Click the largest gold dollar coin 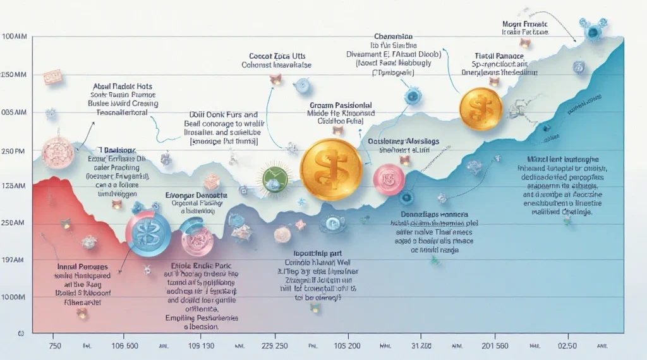331,169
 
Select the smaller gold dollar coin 481,105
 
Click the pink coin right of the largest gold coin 389,179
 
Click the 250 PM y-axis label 13,152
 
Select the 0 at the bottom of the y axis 20,332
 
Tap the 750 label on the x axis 56,347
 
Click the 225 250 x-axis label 274,347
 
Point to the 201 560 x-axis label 495,347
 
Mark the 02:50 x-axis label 567,347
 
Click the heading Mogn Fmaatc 525,23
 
